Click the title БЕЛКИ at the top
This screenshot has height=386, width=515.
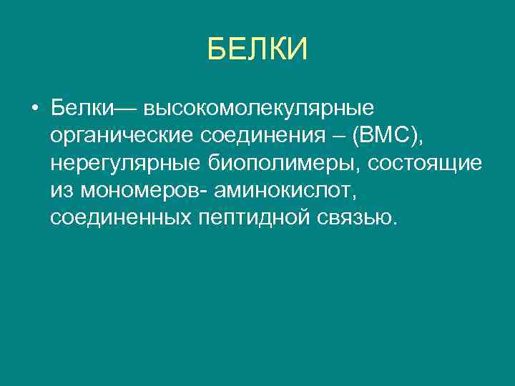[x=257, y=50]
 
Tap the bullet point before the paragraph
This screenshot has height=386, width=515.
[x=34, y=109]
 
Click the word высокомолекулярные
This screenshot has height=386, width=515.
[x=259, y=109]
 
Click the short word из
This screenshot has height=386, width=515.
[x=61, y=190]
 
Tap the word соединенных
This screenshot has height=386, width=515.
[x=119, y=217]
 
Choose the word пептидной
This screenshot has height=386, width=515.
[x=250, y=217]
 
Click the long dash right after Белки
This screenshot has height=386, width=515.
[x=128, y=109]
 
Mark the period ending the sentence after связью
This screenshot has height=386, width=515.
[x=393, y=222]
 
